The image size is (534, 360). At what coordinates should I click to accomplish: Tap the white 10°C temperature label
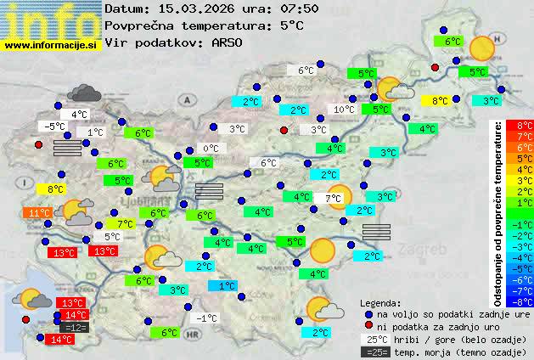(x=344, y=110)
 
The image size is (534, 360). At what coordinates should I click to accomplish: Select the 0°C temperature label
(x=210, y=149)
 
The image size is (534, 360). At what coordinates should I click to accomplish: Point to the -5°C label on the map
(x=54, y=127)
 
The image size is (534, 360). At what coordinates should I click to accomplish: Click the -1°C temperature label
(x=207, y=318)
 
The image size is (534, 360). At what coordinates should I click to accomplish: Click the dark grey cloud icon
(x=85, y=93)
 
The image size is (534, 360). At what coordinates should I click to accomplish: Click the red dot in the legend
(x=368, y=326)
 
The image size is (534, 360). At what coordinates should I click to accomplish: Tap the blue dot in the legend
(x=368, y=313)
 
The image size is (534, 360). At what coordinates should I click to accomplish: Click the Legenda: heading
(x=380, y=302)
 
